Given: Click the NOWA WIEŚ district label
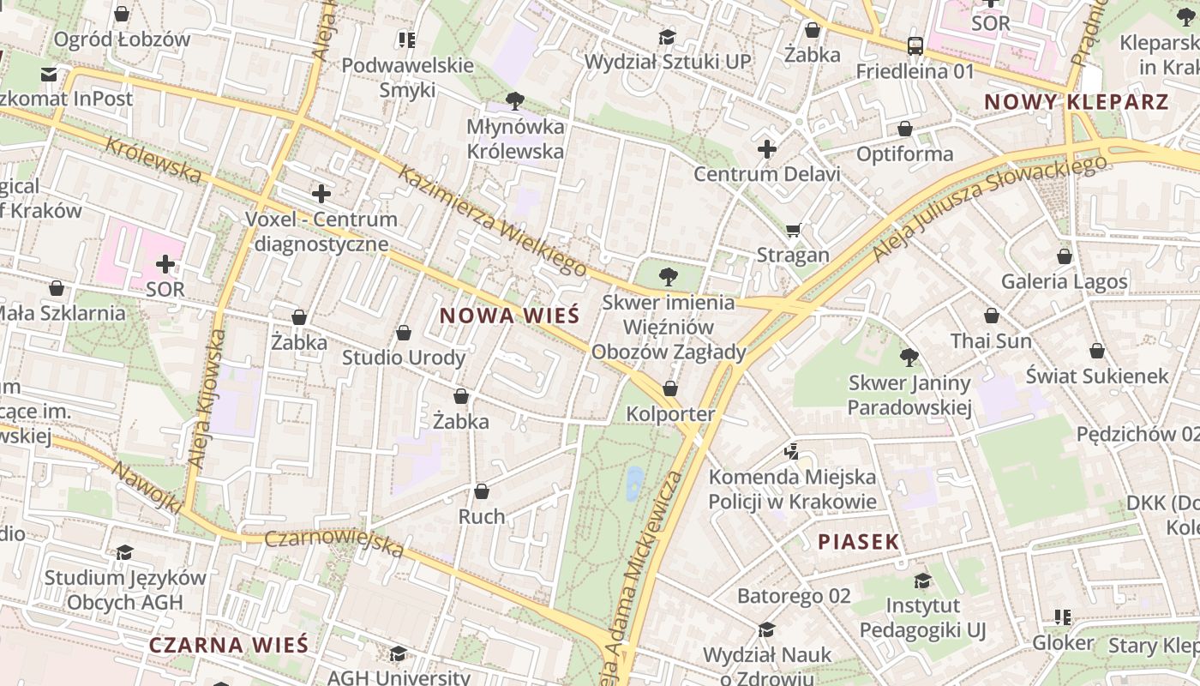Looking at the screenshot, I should point(510,316).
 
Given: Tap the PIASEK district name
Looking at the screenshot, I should point(858,541).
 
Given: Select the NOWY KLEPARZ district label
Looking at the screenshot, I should point(1076,102).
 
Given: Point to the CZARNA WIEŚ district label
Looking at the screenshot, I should point(229,645).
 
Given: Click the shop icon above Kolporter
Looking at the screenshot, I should point(670,388).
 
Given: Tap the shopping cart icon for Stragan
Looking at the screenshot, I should point(793,230).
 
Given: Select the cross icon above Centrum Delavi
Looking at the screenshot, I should point(766,150).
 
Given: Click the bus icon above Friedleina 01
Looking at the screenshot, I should point(915,46).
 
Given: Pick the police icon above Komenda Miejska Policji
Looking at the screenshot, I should point(792,451).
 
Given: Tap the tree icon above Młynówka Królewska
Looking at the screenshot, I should point(515,101).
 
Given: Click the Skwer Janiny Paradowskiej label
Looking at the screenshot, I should point(909,394).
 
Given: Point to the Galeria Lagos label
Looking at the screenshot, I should point(1065,281).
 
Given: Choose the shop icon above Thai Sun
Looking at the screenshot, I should point(992,316).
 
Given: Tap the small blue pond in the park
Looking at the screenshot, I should point(634,483).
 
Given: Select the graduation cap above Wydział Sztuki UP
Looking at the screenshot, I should point(667,37).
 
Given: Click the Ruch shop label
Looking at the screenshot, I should point(482,516).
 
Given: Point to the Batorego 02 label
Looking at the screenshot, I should point(794,595).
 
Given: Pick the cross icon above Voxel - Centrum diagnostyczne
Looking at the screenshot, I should point(321,194).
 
